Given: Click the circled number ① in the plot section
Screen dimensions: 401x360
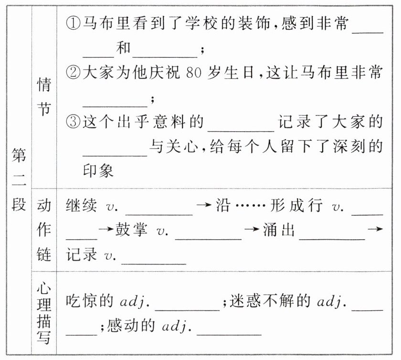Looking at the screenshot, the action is click(x=73, y=23).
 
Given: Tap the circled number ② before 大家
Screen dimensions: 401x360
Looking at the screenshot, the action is click(x=73, y=74).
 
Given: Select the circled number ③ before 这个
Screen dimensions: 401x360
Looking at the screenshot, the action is click(x=73, y=123).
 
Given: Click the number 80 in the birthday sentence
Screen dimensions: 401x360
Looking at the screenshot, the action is click(x=198, y=74).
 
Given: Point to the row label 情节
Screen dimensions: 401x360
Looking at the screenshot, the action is click(x=44, y=97).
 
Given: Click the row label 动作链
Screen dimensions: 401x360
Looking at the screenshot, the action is click(x=44, y=231).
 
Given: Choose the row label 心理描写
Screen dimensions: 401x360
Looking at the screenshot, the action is click(x=44, y=313).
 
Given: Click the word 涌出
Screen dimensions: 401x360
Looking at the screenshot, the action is click(x=279, y=231).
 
